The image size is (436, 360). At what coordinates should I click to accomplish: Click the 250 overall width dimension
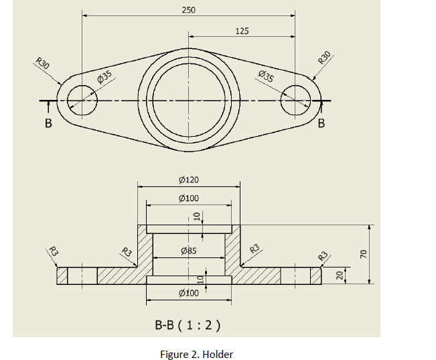(188, 10)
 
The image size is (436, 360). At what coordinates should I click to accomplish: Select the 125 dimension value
(242, 31)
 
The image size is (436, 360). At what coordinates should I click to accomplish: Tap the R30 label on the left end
(43, 65)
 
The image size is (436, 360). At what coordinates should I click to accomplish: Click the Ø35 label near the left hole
(104, 77)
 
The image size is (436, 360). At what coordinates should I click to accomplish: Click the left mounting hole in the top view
(82, 101)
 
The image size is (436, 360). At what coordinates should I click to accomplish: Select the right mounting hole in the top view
(295, 101)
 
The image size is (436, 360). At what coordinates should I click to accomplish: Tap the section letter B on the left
(48, 123)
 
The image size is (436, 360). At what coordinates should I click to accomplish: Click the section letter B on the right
(321, 123)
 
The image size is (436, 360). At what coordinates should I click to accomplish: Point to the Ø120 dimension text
(190, 180)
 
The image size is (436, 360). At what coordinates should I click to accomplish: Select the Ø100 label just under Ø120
(190, 198)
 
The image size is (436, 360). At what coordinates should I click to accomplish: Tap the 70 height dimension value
(364, 253)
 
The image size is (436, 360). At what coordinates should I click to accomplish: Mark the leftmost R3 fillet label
(54, 253)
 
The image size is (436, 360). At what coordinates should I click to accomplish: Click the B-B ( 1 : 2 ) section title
(188, 326)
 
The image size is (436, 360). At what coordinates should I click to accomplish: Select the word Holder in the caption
(218, 354)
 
